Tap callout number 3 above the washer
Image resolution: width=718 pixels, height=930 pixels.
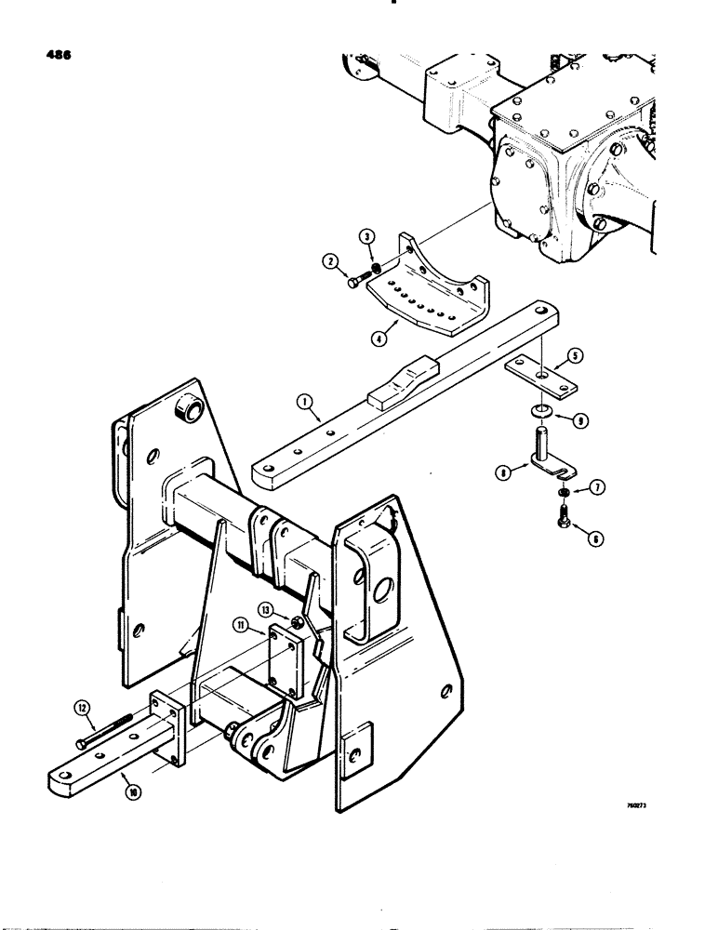368,238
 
